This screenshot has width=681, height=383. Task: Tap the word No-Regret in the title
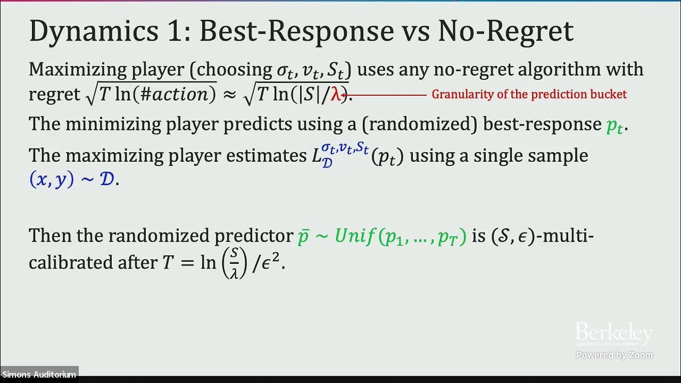505,32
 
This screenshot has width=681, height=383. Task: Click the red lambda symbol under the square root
336,95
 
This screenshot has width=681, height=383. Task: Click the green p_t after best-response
616,126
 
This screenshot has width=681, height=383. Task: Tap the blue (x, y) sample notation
52,179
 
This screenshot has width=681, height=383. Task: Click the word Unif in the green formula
355,236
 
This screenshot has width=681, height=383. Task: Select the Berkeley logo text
613,334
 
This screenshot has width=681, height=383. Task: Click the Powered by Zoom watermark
614,355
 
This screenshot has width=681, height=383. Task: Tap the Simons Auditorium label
39,374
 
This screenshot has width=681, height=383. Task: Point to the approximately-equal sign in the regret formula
229,95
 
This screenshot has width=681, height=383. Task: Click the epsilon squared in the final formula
273,263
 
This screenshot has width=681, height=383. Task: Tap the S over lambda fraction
234,263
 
